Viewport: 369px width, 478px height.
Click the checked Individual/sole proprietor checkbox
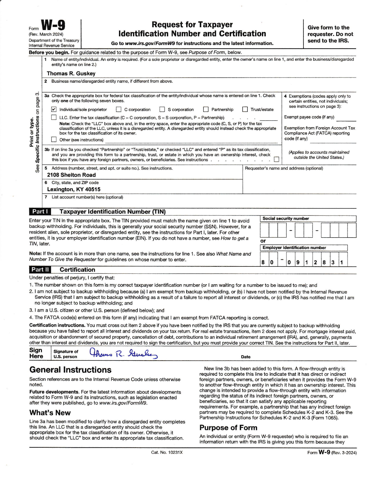[x=54, y=109]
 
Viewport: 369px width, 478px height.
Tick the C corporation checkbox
[x=119, y=109]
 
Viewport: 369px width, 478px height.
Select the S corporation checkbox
[x=162, y=109]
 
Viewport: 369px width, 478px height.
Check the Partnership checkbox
[x=206, y=109]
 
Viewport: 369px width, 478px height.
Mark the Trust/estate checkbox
[x=245, y=109]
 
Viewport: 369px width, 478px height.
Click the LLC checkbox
[x=54, y=117]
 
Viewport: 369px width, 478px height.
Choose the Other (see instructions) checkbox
[x=54, y=139]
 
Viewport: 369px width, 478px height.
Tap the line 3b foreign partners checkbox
[x=276, y=159]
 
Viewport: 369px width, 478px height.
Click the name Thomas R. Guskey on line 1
[x=71, y=74]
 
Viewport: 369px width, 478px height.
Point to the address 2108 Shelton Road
[x=71, y=175]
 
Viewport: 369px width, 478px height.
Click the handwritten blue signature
[x=123, y=353]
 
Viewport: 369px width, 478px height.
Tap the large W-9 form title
[x=53, y=25]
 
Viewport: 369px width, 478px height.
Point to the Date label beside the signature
[x=246, y=357]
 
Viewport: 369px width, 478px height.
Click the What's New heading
[x=50, y=413]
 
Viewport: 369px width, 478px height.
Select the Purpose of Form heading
[x=228, y=428]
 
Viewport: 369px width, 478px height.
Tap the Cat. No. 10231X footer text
[x=167, y=452]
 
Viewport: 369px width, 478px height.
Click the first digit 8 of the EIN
[x=263, y=262]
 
